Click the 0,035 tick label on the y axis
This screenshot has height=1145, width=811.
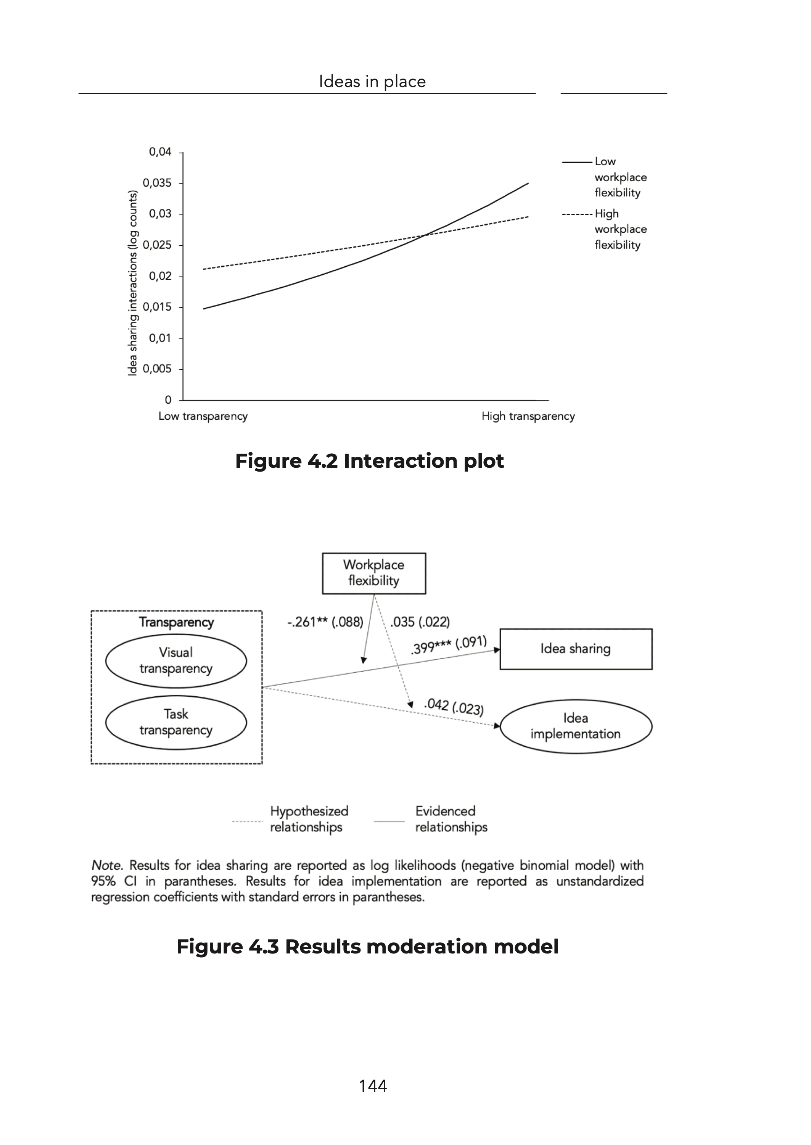click(157, 183)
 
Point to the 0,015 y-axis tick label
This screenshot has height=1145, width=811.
click(157, 307)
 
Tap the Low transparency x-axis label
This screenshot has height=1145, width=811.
click(203, 416)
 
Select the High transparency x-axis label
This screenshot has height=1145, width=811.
click(528, 416)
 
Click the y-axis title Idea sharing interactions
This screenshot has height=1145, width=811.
click(132, 283)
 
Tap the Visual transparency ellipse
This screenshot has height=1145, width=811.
click(176, 660)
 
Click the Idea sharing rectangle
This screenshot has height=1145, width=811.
click(576, 649)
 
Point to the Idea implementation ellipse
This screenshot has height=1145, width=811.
click(576, 726)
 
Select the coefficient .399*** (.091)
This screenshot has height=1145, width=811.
click(449, 645)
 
